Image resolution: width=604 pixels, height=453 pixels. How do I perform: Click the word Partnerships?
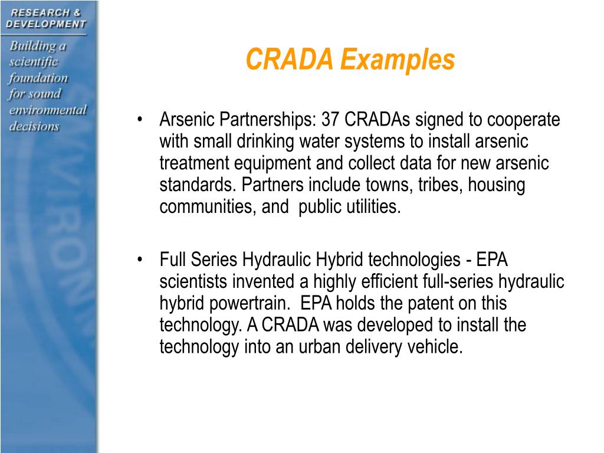click(269, 120)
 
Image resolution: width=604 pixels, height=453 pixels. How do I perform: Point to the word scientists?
click(192, 282)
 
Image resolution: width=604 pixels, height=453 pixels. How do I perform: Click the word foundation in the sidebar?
click(39, 78)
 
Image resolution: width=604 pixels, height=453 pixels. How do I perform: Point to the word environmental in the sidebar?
click(48, 110)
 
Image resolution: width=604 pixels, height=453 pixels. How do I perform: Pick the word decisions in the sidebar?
click(34, 126)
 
